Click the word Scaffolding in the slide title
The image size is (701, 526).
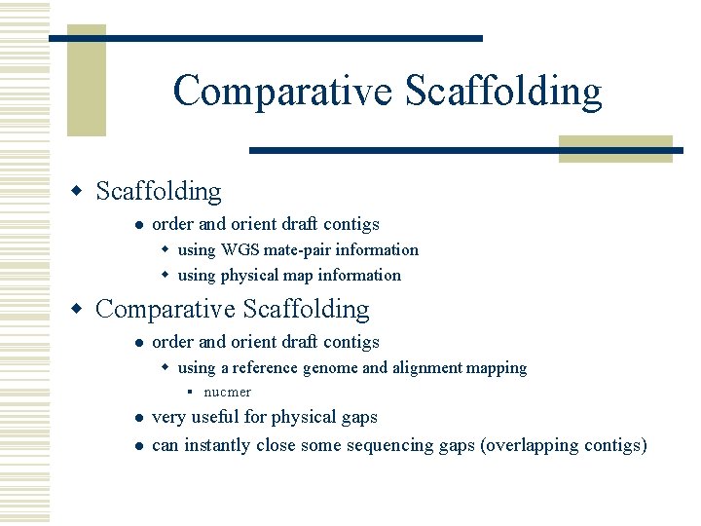(x=503, y=92)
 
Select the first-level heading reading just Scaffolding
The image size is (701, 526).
(x=159, y=191)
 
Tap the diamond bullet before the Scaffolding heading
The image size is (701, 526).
(x=82, y=192)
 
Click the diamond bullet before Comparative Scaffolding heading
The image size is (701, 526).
(x=82, y=310)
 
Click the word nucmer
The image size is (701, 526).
(x=227, y=393)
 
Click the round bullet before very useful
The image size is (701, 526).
(x=139, y=418)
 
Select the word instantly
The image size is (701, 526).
(x=217, y=445)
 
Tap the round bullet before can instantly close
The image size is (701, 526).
(x=139, y=446)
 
